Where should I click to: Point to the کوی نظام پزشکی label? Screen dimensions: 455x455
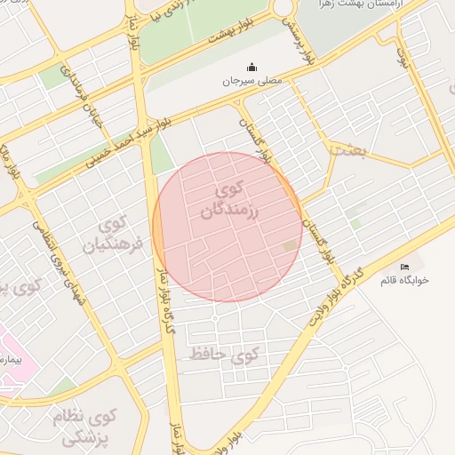(x=89, y=427)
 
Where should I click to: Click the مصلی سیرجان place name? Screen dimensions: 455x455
(x=251, y=81)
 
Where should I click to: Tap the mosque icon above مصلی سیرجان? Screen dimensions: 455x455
(x=251, y=67)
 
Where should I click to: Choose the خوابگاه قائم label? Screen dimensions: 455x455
(x=403, y=280)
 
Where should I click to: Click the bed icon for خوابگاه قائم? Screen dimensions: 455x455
(x=405, y=267)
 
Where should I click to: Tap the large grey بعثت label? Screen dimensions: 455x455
(x=347, y=149)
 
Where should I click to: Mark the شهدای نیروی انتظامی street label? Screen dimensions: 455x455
(x=53, y=267)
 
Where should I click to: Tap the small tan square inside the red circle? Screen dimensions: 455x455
(x=290, y=245)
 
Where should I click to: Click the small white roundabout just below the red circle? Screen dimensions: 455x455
(x=214, y=317)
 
